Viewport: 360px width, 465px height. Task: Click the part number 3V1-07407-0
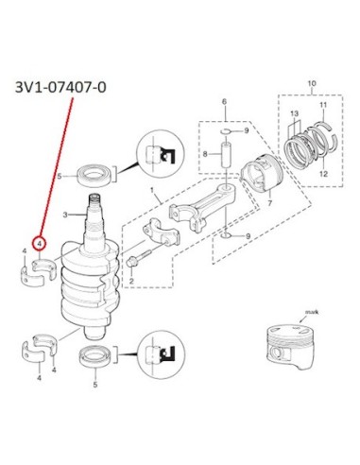(x=60, y=87)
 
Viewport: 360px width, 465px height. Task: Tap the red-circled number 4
(x=40, y=244)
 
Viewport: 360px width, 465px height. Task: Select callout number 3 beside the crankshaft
(x=65, y=215)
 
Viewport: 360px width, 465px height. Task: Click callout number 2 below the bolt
(x=131, y=281)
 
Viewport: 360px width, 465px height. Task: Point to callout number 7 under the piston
(x=269, y=203)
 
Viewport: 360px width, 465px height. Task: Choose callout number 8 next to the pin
(x=205, y=154)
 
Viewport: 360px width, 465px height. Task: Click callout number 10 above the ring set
(x=312, y=84)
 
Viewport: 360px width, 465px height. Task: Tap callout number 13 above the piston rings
(x=294, y=113)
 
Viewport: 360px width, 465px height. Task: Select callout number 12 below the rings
(x=323, y=174)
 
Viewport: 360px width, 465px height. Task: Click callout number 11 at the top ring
(x=323, y=105)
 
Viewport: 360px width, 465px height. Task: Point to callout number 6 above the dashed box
(x=224, y=102)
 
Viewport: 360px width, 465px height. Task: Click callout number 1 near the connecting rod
(x=152, y=190)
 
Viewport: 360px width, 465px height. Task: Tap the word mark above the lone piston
(x=312, y=312)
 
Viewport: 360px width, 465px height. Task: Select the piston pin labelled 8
(x=227, y=156)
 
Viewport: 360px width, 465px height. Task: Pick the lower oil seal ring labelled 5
(x=95, y=356)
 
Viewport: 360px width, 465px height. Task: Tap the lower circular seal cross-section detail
(x=162, y=354)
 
